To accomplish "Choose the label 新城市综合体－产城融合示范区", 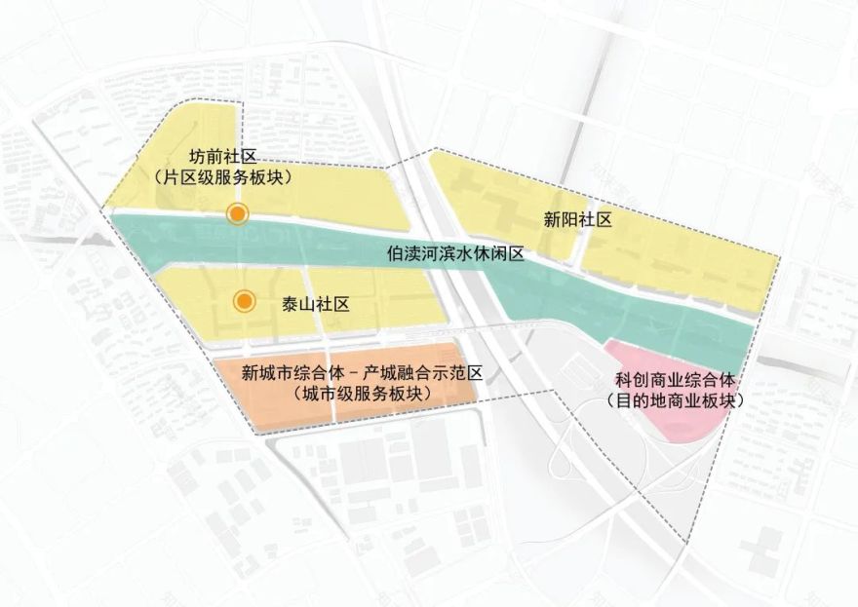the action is click(x=363, y=373).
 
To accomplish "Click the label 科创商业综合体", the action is click(x=674, y=380).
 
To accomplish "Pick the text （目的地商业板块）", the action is click(x=674, y=400).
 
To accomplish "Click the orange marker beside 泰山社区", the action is click(x=245, y=302).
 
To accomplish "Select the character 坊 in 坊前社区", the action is click(x=197, y=155).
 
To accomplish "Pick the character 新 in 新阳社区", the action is click(x=554, y=220).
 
